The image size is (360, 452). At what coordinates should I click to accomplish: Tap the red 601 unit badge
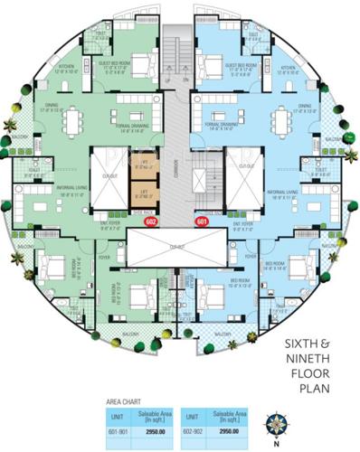pyautogui.click(x=202, y=220)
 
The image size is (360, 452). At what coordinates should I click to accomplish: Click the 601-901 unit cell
pyautogui.click(x=116, y=430)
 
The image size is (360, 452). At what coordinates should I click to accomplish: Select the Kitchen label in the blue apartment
pyautogui.click(x=289, y=67)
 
